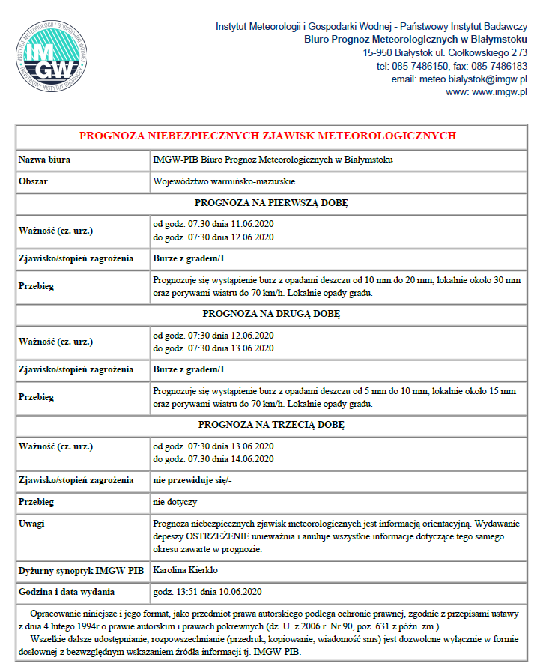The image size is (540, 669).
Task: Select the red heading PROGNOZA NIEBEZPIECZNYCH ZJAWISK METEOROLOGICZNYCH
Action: pyautogui.click(x=267, y=136)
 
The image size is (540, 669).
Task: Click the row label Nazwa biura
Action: pyautogui.click(x=45, y=160)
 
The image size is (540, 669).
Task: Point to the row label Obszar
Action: pyautogui.click(x=34, y=181)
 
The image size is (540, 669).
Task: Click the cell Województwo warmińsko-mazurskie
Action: pyautogui.click(x=223, y=181)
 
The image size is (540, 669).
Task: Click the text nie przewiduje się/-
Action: pyautogui.click(x=192, y=480)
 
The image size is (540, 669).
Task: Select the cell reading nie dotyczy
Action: pyautogui.click(x=175, y=502)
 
